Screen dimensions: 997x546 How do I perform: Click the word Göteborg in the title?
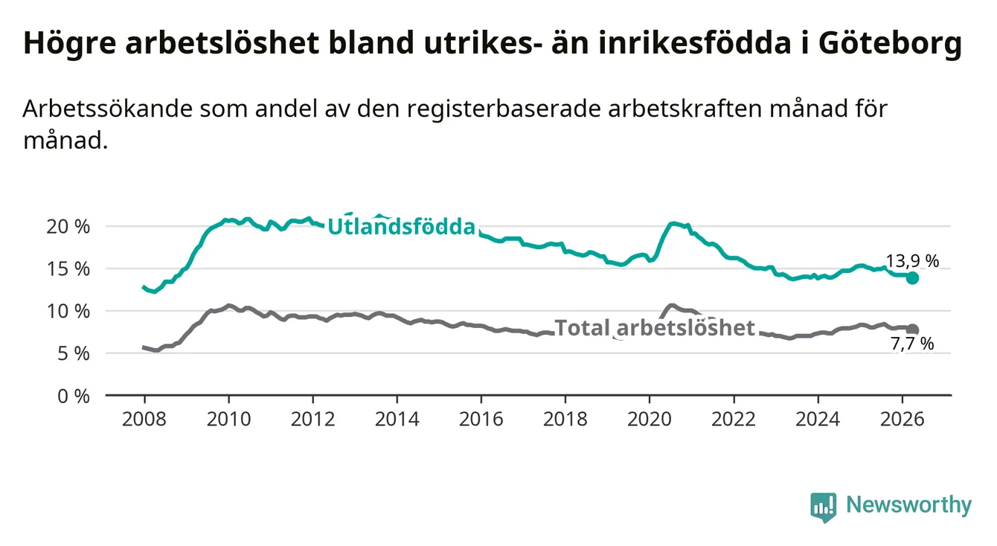(x=890, y=44)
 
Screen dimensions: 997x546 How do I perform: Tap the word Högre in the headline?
(x=69, y=44)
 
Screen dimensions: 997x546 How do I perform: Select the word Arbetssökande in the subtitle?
(x=108, y=109)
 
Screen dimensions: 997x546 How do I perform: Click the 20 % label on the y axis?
(x=68, y=227)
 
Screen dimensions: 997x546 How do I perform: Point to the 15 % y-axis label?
(x=68, y=269)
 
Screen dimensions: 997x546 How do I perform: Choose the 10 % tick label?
(x=68, y=312)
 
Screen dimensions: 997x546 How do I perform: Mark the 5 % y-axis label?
(x=74, y=354)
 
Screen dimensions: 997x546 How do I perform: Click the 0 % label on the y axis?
(x=74, y=396)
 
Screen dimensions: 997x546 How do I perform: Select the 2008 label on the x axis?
(x=144, y=420)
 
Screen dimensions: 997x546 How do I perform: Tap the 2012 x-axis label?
(x=313, y=420)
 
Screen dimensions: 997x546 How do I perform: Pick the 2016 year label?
(x=481, y=420)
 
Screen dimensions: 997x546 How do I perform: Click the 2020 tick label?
(x=650, y=420)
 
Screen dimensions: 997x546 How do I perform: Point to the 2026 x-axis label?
(x=903, y=420)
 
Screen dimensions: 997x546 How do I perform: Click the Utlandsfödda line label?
(x=402, y=226)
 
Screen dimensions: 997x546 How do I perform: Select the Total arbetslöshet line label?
(x=655, y=328)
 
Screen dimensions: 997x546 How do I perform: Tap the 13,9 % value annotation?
(x=912, y=261)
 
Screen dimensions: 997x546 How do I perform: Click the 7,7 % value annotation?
(x=912, y=344)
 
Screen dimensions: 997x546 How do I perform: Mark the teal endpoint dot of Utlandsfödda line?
(x=912, y=278)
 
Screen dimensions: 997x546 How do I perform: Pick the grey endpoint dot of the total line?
(x=912, y=330)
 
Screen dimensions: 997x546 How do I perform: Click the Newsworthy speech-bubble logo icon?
(x=824, y=507)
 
